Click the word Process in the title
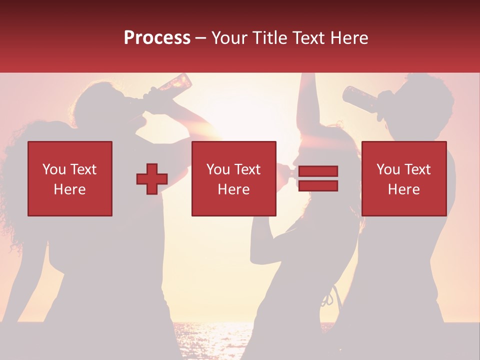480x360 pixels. pos(157,38)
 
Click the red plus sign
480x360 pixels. pos(152,179)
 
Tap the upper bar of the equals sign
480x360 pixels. pos(318,171)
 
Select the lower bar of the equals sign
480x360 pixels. pos(318,186)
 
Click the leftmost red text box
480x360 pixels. pos(70,178)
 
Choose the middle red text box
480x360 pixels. pos(233,178)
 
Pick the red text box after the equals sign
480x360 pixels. pos(403,178)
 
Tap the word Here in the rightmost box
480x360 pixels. pos(403,189)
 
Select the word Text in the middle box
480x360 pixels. pos(247,169)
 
